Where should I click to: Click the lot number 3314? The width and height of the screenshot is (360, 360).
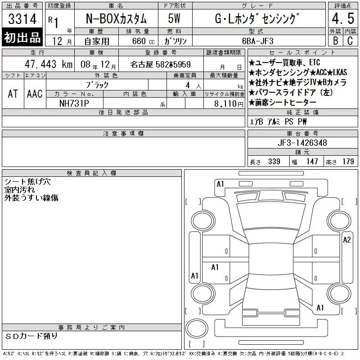tap(22, 19)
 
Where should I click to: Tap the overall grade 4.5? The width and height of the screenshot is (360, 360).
tap(343, 18)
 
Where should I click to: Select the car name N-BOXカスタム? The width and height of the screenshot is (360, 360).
tap(116, 18)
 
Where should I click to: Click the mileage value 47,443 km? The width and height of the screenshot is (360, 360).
tap(49, 64)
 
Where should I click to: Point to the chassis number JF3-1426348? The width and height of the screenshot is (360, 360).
tap(302, 143)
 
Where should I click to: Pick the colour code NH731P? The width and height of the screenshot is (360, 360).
tap(74, 103)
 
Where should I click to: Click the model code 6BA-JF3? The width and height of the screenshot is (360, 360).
tap(258, 41)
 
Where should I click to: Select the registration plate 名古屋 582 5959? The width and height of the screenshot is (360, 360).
tap(161, 64)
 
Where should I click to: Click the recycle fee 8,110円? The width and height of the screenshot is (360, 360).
tap(229, 103)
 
